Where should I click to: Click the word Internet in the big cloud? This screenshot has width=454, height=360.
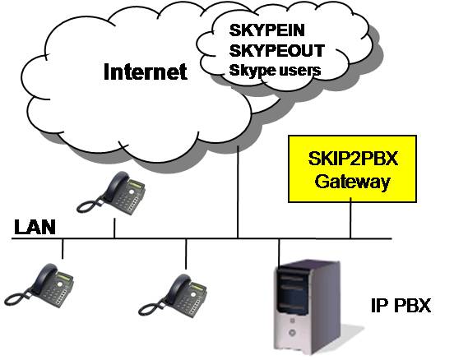click(x=146, y=72)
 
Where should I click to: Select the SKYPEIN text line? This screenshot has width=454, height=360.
click(x=267, y=30)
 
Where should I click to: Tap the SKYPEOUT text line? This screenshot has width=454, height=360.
click(x=277, y=50)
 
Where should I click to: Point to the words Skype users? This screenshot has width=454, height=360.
click(x=275, y=71)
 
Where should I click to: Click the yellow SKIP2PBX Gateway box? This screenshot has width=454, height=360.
click(x=352, y=168)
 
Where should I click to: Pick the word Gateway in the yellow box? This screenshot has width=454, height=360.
click(x=352, y=182)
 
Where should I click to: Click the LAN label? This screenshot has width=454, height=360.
click(x=35, y=227)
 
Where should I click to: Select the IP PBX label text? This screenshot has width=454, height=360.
click(x=401, y=305)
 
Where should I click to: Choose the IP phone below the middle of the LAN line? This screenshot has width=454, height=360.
click(x=173, y=296)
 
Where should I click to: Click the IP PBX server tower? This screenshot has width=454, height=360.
click(x=308, y=307)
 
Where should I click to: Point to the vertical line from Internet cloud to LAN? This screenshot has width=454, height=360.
click(x=238, y=192)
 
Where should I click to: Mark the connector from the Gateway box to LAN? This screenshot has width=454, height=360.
click(x=350, y=218)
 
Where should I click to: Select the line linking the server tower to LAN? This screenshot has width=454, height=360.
click(x=279, y=252)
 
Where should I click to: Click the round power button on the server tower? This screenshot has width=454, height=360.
click(x=292, y=333)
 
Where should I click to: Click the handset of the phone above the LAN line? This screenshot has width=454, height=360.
click(x=117, y=186)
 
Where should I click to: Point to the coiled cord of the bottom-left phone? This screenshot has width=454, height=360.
click(x=18, y=298)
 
